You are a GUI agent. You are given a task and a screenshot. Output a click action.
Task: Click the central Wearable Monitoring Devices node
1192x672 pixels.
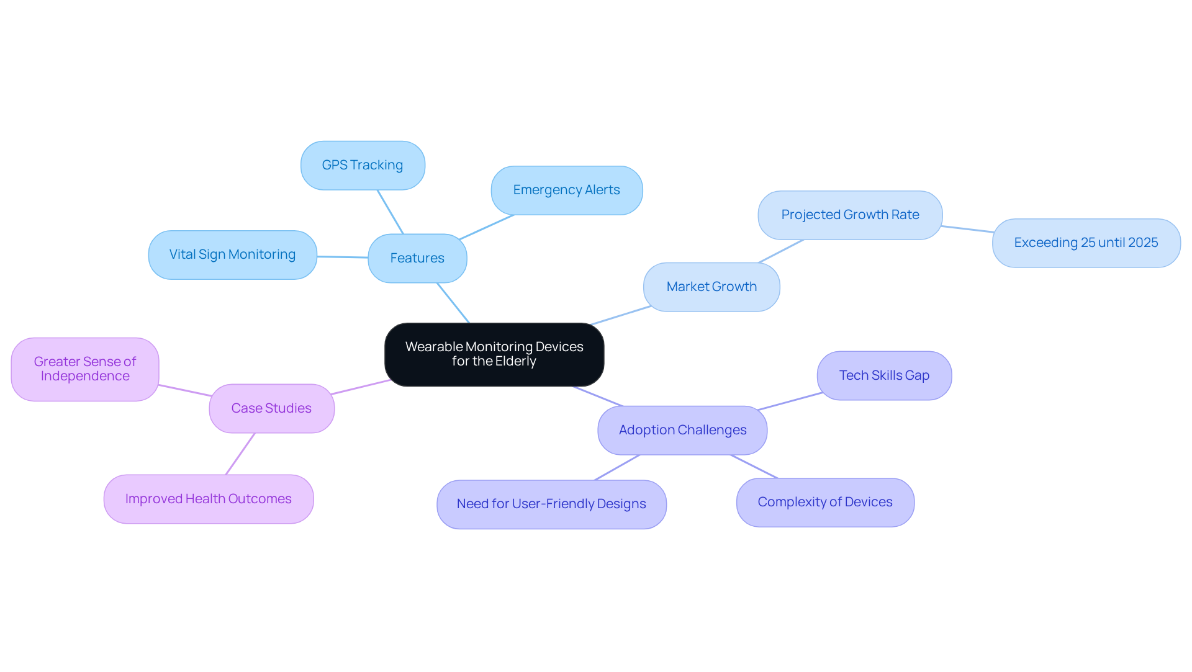point(494,354)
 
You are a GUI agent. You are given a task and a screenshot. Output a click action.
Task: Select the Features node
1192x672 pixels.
point(417,258)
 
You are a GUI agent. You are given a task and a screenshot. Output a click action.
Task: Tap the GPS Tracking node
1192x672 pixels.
point(363,165)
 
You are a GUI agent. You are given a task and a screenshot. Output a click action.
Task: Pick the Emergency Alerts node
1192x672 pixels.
point(566,190)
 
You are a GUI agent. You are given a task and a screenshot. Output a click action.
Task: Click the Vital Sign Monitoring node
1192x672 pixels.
point(232,254)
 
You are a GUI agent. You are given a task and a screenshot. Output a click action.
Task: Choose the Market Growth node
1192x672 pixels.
point(711,287)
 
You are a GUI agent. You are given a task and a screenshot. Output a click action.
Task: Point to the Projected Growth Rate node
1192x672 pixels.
point(850,215)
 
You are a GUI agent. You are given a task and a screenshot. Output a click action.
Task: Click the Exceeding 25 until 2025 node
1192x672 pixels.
point(1086,243)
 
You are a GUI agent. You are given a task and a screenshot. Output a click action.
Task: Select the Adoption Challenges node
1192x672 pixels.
point(682,430)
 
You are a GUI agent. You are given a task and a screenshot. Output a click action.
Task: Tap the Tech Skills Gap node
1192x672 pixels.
point(884,375)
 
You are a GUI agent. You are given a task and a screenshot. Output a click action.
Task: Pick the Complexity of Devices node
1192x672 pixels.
point(825,502)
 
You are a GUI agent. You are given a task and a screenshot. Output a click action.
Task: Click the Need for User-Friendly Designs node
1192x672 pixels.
point(551,504)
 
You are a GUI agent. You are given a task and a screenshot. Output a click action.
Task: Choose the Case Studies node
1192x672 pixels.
point(271,408)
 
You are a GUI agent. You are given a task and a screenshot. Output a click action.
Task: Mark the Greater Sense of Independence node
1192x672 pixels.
point(85,369)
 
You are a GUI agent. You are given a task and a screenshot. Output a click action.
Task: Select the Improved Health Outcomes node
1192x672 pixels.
point(209,499)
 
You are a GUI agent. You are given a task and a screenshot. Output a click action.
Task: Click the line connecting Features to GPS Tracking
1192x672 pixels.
point(391,212)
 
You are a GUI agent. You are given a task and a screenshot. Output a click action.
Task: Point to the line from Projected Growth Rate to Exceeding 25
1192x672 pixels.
point(967,229)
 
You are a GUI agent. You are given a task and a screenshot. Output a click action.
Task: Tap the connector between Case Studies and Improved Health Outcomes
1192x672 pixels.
point(240,454)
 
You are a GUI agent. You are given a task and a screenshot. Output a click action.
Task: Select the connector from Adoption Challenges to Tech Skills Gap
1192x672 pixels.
point(790,401)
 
